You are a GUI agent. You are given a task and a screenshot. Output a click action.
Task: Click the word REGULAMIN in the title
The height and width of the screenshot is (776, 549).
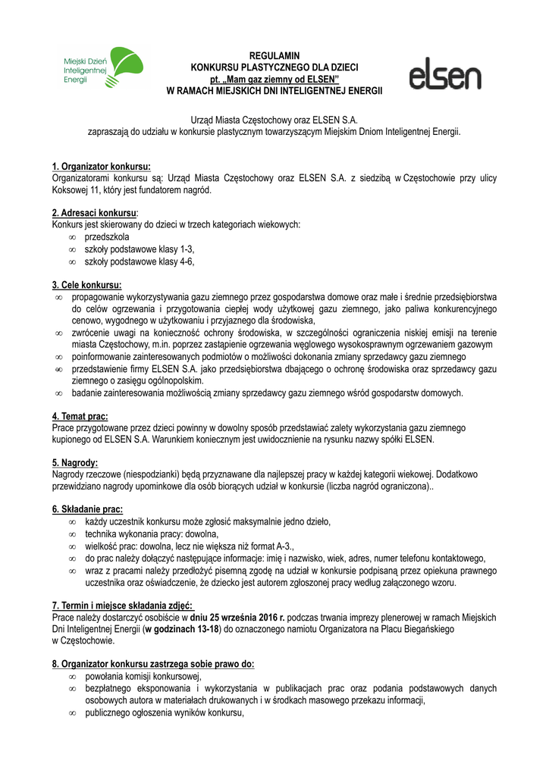[274, 56]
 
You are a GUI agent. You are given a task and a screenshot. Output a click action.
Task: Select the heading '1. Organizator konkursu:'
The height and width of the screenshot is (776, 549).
[101, 167]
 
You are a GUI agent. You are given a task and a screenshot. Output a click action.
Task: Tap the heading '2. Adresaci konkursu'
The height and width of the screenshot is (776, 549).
[94, 214]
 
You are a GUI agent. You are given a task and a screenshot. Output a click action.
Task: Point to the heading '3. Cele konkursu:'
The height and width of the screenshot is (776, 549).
[87, 285]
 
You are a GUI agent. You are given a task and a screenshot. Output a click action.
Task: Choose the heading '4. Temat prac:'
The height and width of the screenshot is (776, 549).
[80, 416]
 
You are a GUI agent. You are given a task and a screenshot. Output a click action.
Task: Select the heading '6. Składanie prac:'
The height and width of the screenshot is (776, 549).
[87, 509]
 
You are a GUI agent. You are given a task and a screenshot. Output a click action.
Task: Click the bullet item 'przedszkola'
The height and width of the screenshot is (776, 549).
[106, 237]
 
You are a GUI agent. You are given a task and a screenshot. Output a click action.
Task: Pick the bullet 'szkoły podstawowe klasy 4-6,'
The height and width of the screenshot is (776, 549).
[140, 261]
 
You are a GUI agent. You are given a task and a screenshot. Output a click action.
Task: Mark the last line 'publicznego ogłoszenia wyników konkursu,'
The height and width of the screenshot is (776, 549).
[164, 712]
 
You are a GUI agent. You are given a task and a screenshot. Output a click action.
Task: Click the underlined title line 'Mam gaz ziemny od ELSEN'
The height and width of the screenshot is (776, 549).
[274, 79]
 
